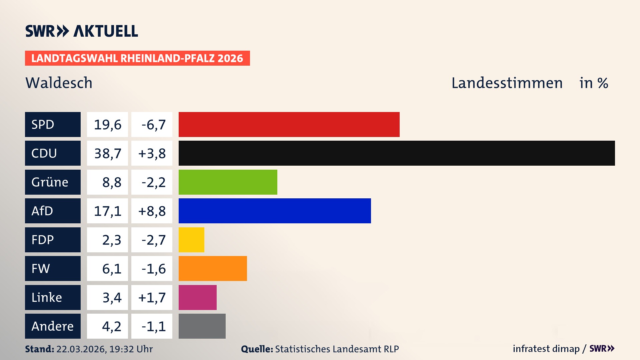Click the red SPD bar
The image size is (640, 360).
point(289,124)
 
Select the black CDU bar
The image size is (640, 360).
point(397,153)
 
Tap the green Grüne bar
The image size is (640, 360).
point(228,182)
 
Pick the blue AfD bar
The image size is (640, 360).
point(275,211)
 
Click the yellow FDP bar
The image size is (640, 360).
point(191,240)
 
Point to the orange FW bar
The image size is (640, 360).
point(213,268)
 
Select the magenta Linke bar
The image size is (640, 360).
point(197,297)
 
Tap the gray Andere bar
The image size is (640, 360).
point(202,326)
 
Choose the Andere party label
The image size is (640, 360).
point(53,326)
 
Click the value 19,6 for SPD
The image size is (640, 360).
point(107,125)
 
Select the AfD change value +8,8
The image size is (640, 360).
point(152,211)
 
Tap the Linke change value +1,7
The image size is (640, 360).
point(152,297)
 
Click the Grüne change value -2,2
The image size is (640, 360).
point(153,182)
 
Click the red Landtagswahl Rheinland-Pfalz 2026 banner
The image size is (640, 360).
point(137,58)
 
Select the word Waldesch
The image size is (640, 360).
point(59,83)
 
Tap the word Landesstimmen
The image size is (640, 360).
point(507,83)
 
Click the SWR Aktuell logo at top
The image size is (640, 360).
point(82,31)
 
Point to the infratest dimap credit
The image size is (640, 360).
point(546,349)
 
